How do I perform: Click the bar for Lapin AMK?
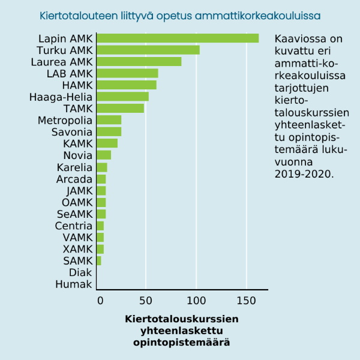click(x=178, y=38)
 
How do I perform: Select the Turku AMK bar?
click(x=148, y=50)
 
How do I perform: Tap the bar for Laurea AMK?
click(x=139, y=61)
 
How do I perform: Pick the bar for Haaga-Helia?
click(x=122, y=97)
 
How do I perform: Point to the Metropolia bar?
click(x=109, y=120)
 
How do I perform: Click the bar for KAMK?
click(x=107, y=143)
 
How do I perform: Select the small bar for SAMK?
click(x=99, y=260)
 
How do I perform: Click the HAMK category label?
click(x=77, y=85)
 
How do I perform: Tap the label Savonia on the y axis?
click(x=72, y=132)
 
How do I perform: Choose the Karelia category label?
click(x=74, y=167)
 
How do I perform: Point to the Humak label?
click(x=74, y=284)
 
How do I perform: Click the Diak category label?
click(x=80, y=272)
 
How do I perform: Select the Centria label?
click(x=74, y=226)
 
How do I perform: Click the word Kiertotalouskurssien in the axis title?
click(x=182, y=319)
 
